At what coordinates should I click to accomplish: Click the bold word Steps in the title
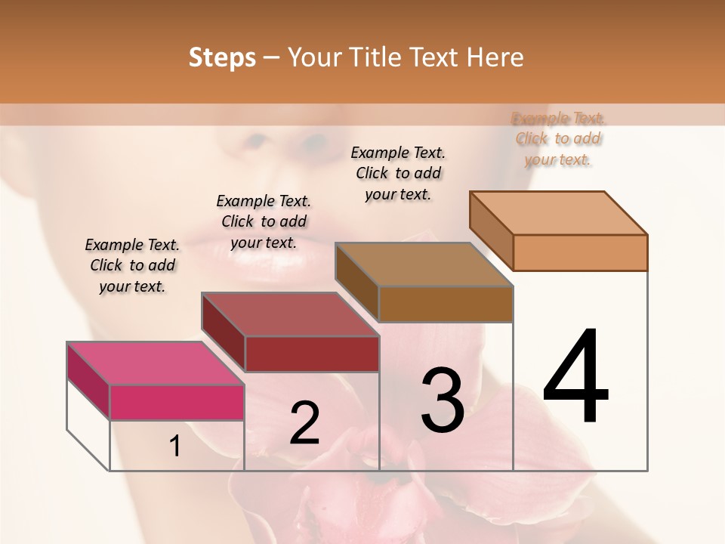[222, 57]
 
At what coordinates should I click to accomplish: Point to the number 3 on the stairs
[442, 400]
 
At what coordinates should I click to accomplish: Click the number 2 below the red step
[304, 423]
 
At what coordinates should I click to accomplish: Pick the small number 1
[174, 447]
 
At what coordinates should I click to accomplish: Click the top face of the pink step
[156, 363]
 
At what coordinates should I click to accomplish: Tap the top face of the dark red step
[290, 314]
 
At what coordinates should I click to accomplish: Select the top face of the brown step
[424, 264]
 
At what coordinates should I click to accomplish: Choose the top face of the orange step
[559, 213]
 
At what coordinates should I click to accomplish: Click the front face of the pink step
[177, 402]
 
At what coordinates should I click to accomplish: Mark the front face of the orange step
[580, 252]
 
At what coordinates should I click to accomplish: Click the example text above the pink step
[132, 266]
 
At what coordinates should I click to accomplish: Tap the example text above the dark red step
[264, 221]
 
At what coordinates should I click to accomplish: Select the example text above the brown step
[398, 173]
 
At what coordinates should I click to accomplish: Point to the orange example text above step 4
[558, 138]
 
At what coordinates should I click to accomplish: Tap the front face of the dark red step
[311, 354]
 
